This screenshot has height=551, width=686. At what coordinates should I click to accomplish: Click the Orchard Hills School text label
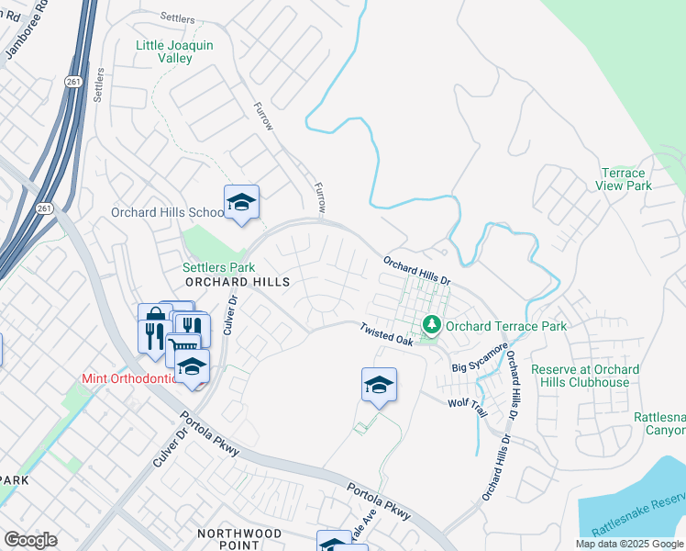tap(166, 212)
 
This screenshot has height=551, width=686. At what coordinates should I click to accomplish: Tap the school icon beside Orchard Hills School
tap(241, 203)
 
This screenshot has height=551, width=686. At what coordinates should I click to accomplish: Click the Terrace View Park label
tap(625, 179)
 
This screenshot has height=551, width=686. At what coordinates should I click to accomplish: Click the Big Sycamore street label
tap(480, 358)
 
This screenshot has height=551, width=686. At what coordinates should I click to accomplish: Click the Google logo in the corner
tap(30, 540)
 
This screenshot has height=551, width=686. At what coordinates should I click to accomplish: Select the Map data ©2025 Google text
tap(629, 544)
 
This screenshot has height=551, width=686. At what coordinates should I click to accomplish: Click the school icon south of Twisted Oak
tap(379, 385)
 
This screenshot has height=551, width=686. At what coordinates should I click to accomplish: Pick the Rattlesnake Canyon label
tap(660, 423)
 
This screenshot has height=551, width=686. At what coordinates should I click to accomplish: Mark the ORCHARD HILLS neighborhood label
tap(238, 282)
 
